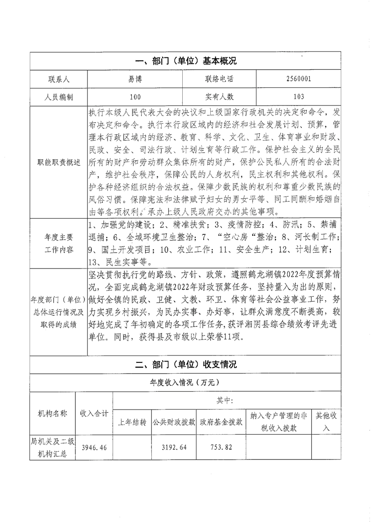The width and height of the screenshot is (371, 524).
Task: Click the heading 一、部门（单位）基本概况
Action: click(185, 61)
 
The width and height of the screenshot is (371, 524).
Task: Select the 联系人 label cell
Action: click(58, 79)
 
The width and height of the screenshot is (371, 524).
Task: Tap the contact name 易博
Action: click(135, 79)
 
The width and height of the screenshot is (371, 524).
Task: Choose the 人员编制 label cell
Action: click(58, 97)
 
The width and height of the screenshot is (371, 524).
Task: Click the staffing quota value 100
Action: click(135, 97)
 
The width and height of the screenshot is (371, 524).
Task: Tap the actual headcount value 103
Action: click(296, 97)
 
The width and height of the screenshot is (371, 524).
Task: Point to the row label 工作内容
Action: click(58, 249)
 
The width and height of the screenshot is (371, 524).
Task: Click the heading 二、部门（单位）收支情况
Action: click(185, 364)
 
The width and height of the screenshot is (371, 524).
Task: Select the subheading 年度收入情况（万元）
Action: click(185, 382)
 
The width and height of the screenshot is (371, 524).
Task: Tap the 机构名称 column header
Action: click(52, 414)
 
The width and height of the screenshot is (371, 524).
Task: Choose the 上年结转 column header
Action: click(132, 422)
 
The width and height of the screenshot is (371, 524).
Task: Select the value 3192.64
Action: click(174, 447)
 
